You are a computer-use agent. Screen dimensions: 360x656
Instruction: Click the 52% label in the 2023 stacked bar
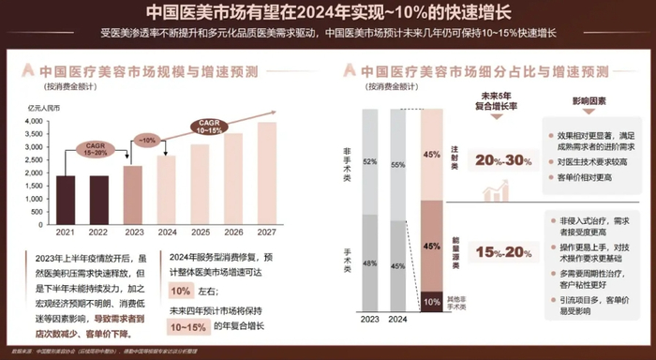coord(369,161)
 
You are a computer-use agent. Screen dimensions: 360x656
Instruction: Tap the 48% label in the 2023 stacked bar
coord(369,262)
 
